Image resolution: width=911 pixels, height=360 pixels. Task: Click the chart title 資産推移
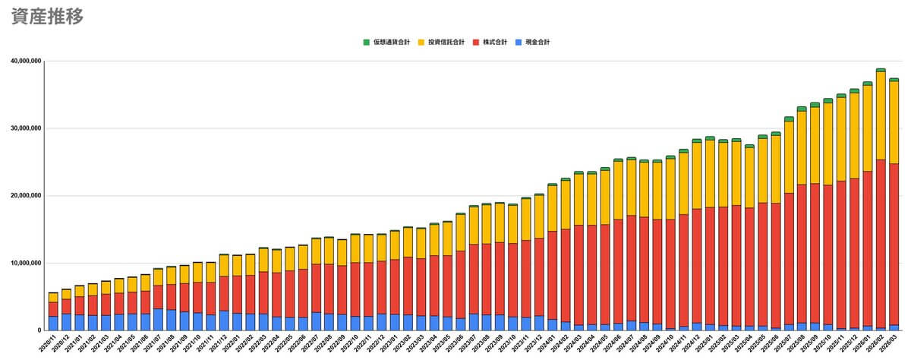pyautogui.click(x=47, y=17)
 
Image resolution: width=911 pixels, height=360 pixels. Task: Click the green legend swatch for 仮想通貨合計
pyautogui.click(x=366, y=42)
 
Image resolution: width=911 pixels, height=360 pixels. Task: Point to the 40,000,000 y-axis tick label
pyautogui.click(x=24, y=61)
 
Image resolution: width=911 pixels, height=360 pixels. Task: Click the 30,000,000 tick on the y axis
pyautogui.click(x=24, y=128)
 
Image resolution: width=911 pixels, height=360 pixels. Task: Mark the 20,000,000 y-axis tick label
pyautogui.click(x=24, y=196)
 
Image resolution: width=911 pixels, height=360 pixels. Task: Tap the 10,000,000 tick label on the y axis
pyautogui.click(x=24, y=264)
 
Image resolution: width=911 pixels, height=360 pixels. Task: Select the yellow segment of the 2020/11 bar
pyautogui.click(x=53, y=298)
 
